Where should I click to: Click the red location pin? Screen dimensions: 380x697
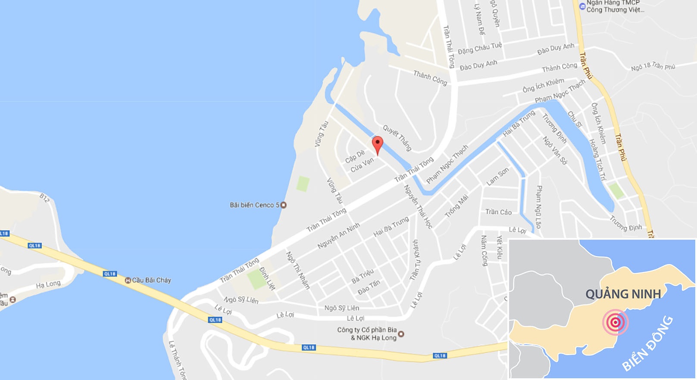[377, 144]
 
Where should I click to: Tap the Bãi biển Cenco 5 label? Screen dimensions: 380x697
[255, 205]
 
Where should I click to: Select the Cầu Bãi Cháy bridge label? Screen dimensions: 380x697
[151, 280]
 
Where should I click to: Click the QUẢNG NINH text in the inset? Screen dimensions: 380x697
[623, 294]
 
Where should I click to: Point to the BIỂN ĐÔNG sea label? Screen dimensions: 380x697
[647, 343]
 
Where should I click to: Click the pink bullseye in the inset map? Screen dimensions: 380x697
[616, 322]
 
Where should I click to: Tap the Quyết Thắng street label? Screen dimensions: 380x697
[397, 138]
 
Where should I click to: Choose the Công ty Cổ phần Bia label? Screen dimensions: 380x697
[367, 330]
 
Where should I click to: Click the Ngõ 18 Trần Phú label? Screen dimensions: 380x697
[653, 66]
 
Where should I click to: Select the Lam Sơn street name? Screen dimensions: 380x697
[498, 176]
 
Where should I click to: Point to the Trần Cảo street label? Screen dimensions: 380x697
[498, 212]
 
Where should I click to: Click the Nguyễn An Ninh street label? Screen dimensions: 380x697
[338, 236]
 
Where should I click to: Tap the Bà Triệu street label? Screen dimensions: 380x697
[363, 276]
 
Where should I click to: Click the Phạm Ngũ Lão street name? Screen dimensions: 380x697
[539, 207]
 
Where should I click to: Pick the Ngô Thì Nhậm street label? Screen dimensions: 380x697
[298, 270]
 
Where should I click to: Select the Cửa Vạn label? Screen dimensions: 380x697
[362, 165]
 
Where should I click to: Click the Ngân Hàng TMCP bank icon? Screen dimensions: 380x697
[582, 6]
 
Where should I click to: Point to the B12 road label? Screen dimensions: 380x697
[44, 198]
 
